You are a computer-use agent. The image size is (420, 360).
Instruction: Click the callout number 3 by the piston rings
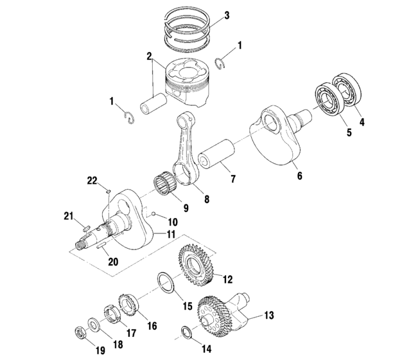[x=226, y=14]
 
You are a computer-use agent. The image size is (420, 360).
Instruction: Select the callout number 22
[x=92, y=182]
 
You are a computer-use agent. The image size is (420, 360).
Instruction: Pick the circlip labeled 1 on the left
[x=128, y=117]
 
